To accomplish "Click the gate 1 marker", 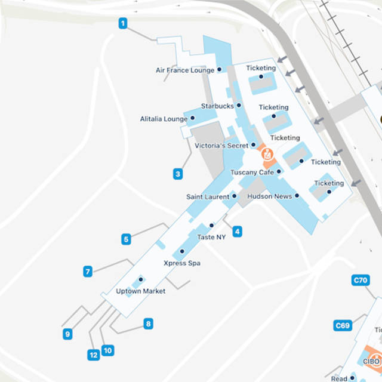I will pyautogui.click(x=123, y=24).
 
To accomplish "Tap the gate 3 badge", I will pyautogui.click(x=178, y=175).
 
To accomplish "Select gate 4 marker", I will pyautogui.click(x=238, y=231).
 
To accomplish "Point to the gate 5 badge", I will pyautogui.click(x=126, y=239).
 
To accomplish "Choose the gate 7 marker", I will pyautogui.click(x=88, y=272).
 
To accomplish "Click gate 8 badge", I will pyautogui.click(x=148, y=324).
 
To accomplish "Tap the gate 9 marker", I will pyautogui.click(x=67, y=334).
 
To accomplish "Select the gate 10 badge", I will pyautogui.click(x=107, y=350).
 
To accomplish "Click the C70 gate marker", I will pyautogui.click(x=361, y=280).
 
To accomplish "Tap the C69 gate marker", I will pyautogui.click(x=343, y=325).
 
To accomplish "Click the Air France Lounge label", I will pyautogui.click(x=185, y=70).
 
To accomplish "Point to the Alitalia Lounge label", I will pyautogui.click(x=164, y=119).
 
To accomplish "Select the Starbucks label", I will pyautogui.click(x=217, y=106).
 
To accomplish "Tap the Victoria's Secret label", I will pyautogui.click(x=221, y=146).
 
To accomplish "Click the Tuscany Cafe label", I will pyautogui.click(x=252, y=172).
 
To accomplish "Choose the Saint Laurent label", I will pyautogui.click(x=208, y=196).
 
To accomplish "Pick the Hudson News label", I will pyautogui.click(x=269, y=196).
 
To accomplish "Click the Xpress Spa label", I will pyautogui.click(x=182, y=263).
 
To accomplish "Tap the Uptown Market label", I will pyautogui.click(x=140, y=291).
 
